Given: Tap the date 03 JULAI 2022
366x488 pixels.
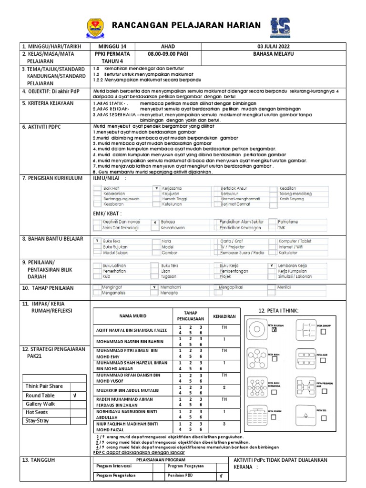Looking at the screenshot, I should tap(273, 46).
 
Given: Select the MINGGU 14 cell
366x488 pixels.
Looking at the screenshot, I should tap(112, 46).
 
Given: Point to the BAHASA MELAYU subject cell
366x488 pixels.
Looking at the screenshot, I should tap(273, 54).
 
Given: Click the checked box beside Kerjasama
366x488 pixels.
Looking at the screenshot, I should tap(156, 188).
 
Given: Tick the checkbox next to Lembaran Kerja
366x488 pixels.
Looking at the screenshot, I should tap(272, 265).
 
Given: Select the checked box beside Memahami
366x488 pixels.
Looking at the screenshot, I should tap(154, 288).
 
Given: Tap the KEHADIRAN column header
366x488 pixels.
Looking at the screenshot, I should tap(224, 315).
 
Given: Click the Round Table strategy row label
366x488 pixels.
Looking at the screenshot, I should tap(41, 396).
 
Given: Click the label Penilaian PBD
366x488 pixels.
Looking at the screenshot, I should tap(181, 475).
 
